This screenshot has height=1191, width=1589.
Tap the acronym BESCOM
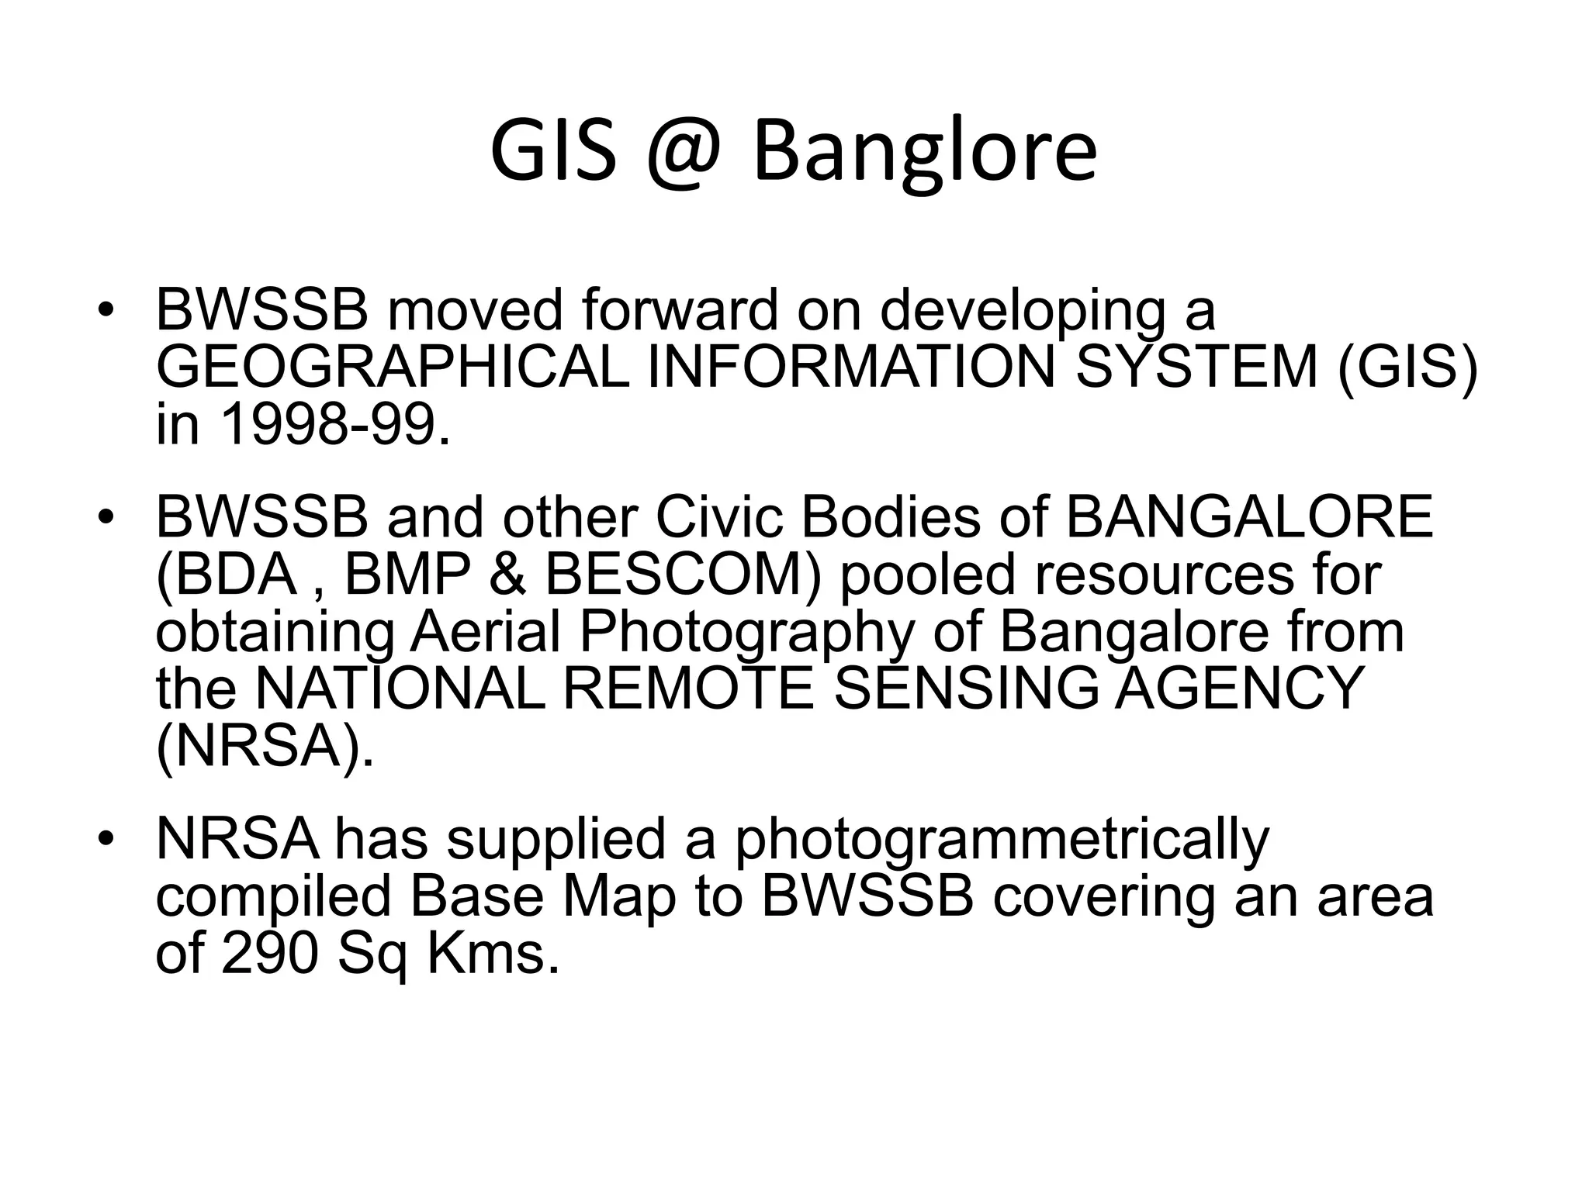[x=682, y=575]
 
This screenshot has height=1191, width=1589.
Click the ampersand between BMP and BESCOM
[x=508, y=575]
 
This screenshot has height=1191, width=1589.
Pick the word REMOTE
[x=687, y=689]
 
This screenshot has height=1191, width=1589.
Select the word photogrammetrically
[x=1001, y=840]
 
